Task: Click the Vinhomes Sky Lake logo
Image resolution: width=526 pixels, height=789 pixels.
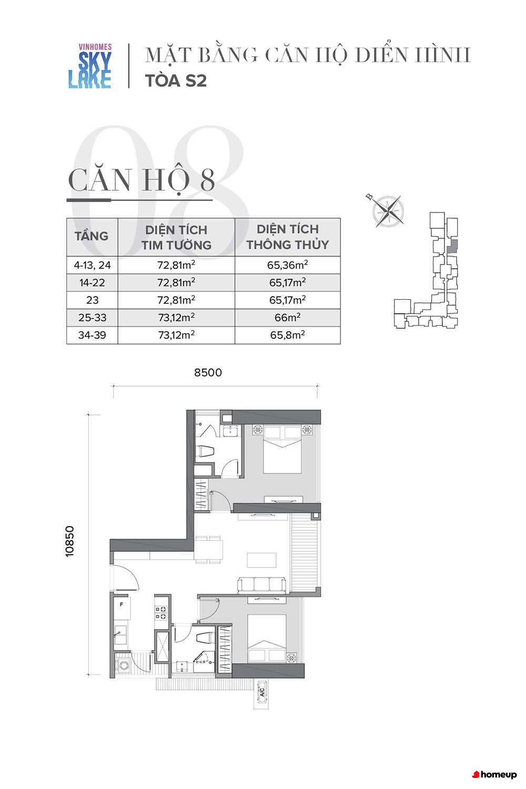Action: click(x=90, y=66)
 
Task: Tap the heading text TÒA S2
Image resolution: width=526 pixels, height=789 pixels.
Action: click(x=176, y=80)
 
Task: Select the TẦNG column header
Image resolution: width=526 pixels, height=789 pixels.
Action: click(x=92, y=236)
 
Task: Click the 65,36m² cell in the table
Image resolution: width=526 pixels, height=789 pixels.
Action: click(x=288, y=265)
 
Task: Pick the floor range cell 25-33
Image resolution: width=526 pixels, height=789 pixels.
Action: click(x=92, y=317)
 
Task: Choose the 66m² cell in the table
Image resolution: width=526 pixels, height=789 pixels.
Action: click(x=288, y=317)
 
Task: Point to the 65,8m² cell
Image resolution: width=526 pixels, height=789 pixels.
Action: click(x=288, y=335)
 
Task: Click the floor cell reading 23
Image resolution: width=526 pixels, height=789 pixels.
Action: click(x=92, y=300)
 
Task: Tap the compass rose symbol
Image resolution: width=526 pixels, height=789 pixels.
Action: click(x=388, y=211)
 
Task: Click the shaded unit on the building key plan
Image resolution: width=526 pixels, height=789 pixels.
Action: click(x=452, y=246)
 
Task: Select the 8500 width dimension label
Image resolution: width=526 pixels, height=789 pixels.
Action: click(x=208, y=372)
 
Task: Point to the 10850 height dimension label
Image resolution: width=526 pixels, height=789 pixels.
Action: click(x=70, y=541)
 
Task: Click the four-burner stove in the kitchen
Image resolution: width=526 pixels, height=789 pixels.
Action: click(x=160, y=613)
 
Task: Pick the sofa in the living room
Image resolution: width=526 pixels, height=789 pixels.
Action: click(x=261, y=586)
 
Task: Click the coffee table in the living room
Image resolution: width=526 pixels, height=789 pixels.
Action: click(x=261, y=560)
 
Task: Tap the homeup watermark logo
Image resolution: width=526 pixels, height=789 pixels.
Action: click(x=494, y=775)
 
